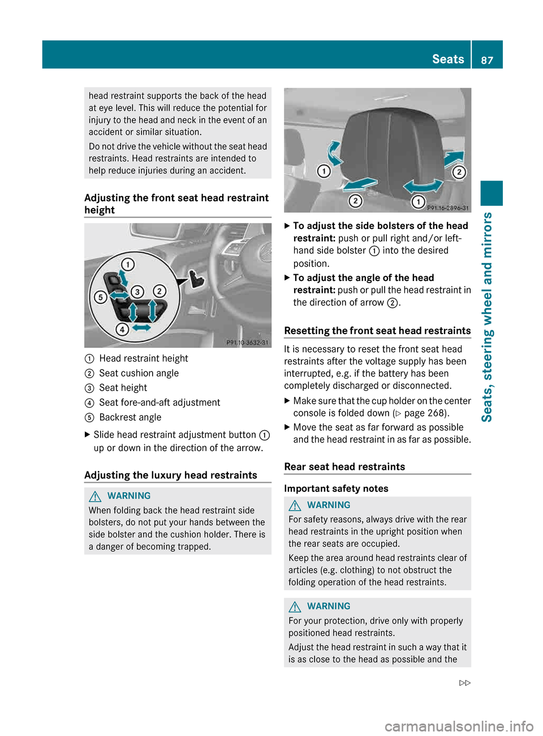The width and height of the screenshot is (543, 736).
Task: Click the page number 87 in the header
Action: pyautogui.click(x=486, y=60)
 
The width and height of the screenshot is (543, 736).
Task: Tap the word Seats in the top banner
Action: pyautogui.click(x=447, y=59)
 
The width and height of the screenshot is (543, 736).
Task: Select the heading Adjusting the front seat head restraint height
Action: pyautogui.click(x=176, y=204)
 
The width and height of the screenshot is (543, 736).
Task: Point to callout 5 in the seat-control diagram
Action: pyautogui.click(x=100, y=297)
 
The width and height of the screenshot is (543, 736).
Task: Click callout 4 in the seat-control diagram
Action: pyautogui.click(x=122, y=329)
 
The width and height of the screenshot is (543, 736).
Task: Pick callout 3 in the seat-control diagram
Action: pyautogui.click(x=137, y=292)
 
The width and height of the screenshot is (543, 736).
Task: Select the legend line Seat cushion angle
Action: pyautogui.click(x=139, y=373)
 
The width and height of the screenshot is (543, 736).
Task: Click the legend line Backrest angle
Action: pyautogui.click(x=130, y=417)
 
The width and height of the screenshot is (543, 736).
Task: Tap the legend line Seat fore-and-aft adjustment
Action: pyautogui.click(x=160, y=402)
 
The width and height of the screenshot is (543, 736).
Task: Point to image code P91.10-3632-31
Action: pyautogui.click(x=247, y=343)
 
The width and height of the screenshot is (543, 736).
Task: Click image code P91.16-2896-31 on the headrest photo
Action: pyautogui.click(x=447, y=208)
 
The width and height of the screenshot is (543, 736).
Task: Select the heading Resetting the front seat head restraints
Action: pyautogui.click(x=377, y=331)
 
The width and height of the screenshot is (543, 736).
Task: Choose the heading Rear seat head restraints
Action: pyautogui.click(x=344, y=466)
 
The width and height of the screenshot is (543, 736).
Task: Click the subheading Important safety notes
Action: pyautogui.click(x=336, y=488)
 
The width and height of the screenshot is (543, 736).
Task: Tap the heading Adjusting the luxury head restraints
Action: pyautogui.click(x=171, y=475)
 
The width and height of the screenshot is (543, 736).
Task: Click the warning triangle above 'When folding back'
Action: pyautogui.click(x=95, y=496)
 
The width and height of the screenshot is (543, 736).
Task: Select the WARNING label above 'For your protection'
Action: pyautogui.click(x=329, y=606)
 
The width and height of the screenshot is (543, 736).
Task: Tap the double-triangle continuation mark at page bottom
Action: pyautogui.click(x=464, y=683)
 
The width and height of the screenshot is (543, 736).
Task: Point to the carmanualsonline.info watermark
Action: pyautogui.click(x=459, y=726)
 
